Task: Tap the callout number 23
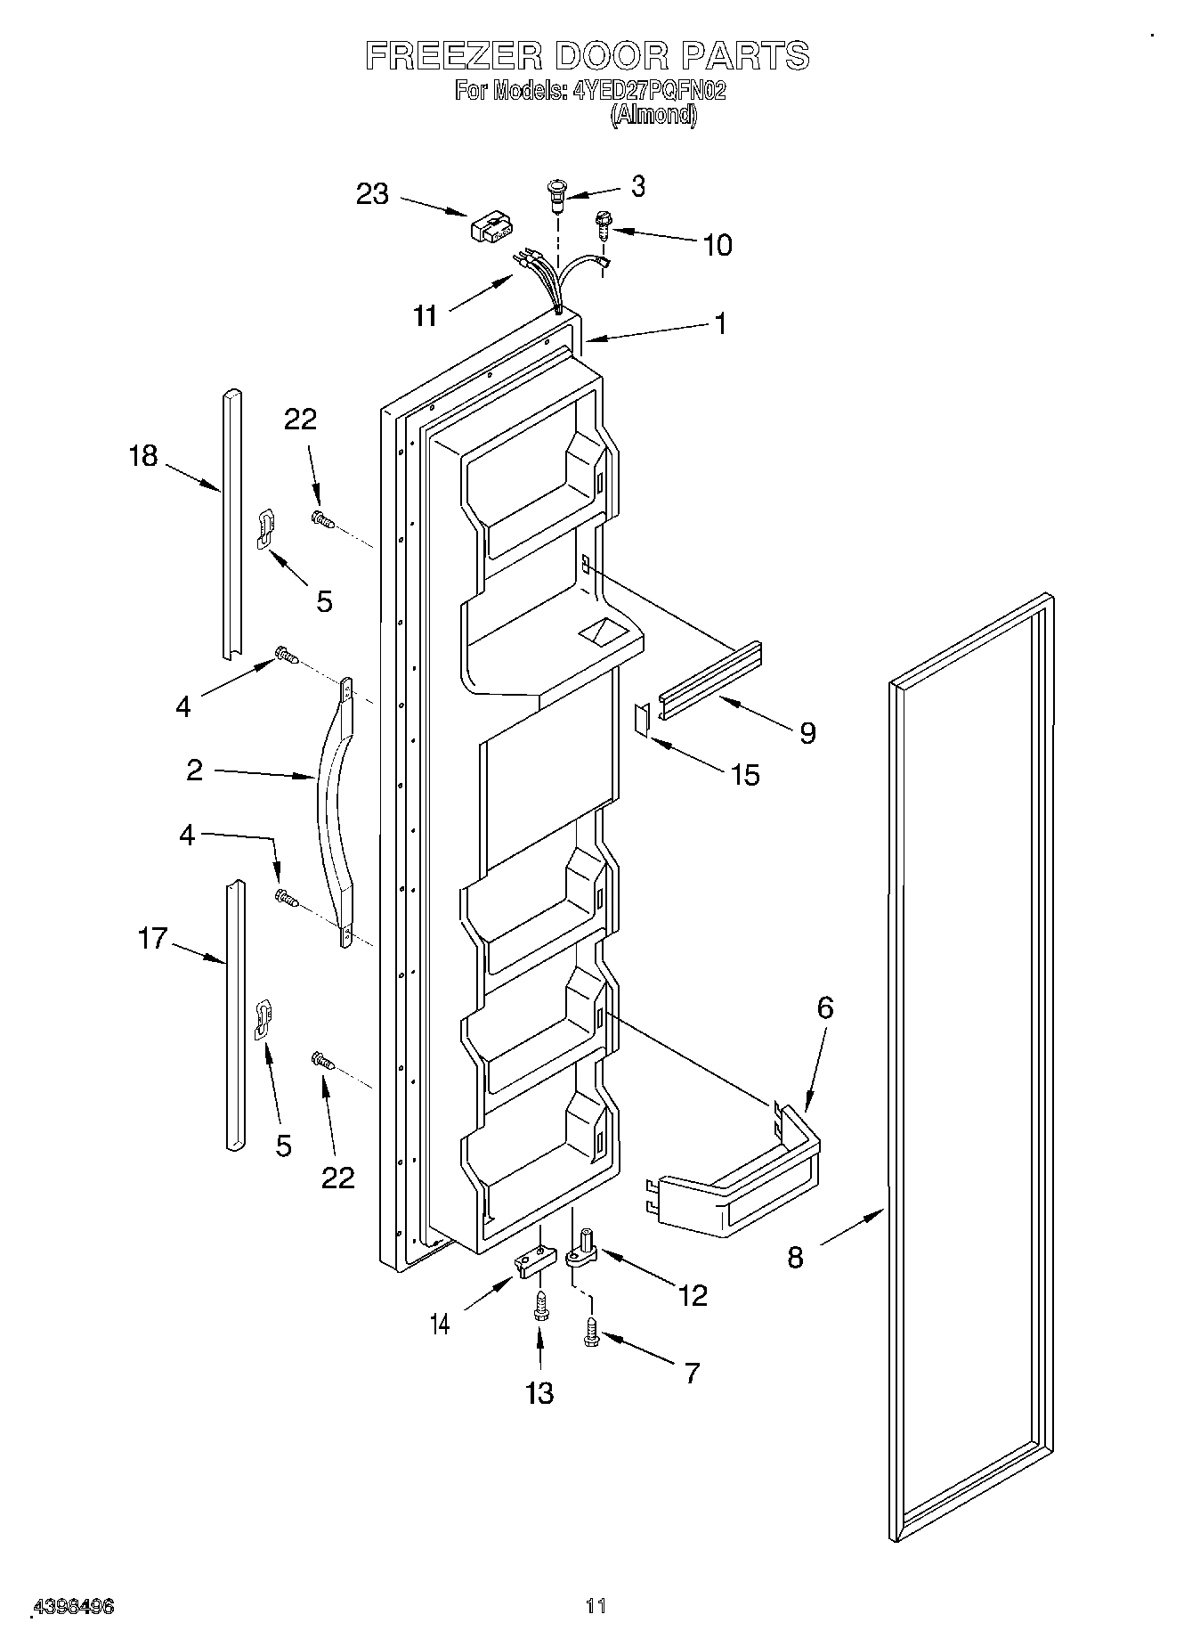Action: click(373, 193)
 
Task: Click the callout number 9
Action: click(807, 732)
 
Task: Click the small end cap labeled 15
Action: click(641, 719)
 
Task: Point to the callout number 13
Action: click(539, 1392)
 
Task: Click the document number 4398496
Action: click(73, 1607)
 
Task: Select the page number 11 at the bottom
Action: click(596, 1606)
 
